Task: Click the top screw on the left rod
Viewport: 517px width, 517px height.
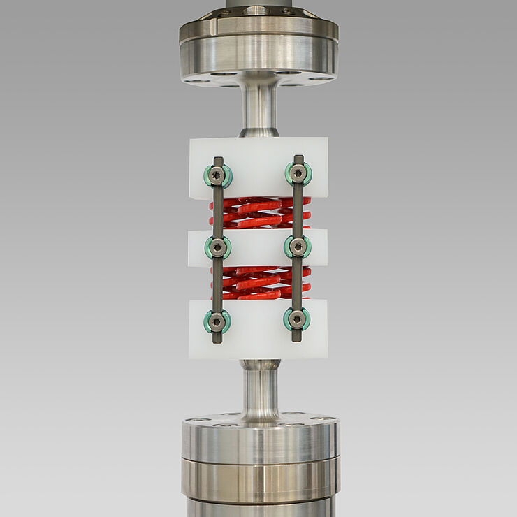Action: (218, 175)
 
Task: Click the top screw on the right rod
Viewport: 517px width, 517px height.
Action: (298, 174)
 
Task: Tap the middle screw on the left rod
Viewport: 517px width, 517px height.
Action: (218, 247)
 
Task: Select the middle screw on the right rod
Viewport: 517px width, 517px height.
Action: (298, 246)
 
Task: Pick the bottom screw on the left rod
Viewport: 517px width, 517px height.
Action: (217, 321)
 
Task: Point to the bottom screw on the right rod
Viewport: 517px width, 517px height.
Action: (297, 319)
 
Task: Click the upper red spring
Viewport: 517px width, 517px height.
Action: (258, 212)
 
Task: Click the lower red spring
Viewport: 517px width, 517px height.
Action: (258, 282)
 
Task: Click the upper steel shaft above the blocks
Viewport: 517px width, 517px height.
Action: (258, 105)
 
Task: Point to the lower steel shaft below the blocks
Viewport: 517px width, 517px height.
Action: (259, 391)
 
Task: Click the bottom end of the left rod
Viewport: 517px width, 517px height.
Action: (217, 340)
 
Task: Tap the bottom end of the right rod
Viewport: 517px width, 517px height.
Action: (297, 338)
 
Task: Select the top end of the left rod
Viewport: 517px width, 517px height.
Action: (218, 160)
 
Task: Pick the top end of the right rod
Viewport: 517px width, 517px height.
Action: (299, 159)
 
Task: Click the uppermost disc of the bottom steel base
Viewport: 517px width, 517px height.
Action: (260, 437)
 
